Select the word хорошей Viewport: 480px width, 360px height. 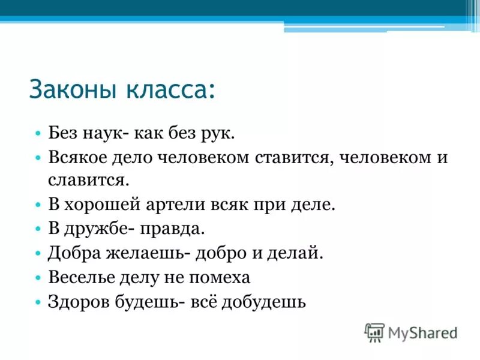107,204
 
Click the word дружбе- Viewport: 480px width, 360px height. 95,229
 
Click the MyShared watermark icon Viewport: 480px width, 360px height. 374,332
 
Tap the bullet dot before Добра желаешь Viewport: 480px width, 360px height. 38,253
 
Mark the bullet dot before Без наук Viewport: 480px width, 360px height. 38,133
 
